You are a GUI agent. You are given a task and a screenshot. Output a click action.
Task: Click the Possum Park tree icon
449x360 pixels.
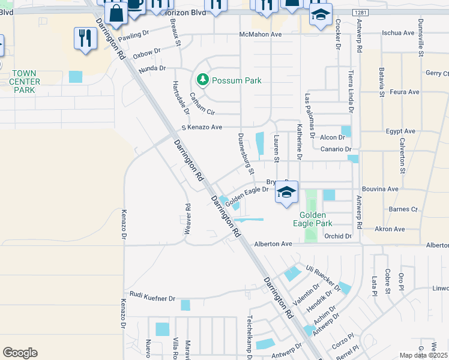click(x=203, y=80)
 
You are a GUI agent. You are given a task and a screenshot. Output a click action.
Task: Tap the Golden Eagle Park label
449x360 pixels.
click(x=312, y=219)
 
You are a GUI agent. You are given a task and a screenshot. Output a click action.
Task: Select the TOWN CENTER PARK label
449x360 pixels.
click(x=26, y=82)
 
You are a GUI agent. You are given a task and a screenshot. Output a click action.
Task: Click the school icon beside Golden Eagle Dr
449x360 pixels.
click(x=287, y=193)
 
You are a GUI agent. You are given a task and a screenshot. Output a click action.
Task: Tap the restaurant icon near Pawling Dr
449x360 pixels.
click(x=83, y=38)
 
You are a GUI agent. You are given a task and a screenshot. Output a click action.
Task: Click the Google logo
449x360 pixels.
click(x=20, y=353)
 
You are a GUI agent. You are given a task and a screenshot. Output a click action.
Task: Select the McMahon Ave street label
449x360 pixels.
click(x=260, y=35)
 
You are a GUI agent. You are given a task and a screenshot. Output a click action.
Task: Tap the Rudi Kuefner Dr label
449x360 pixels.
click(x=148, y=298)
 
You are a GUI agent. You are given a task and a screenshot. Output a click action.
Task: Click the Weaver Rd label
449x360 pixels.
click(x=188, y=219)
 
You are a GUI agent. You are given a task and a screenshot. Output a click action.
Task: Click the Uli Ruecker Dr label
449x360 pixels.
click(x=323, y=277)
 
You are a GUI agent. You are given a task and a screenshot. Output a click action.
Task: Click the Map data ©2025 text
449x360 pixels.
click(x=424, y=355)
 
